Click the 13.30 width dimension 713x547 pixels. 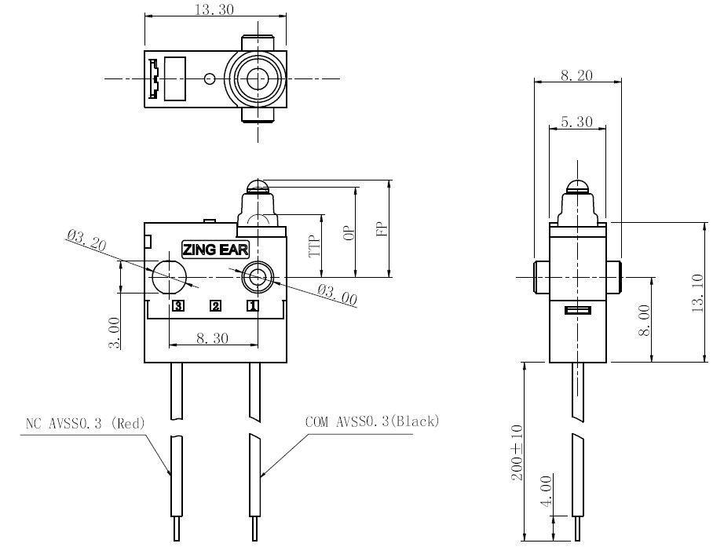tap(214, 9)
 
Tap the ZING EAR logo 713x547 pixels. tap(215, 250)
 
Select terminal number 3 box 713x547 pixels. tap(178, 306)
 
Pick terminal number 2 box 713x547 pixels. tap(215, 306)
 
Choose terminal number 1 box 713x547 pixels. tap(253, 306)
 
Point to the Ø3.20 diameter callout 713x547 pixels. tap(86, 239)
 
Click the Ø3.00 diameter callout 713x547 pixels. tap(337, 295)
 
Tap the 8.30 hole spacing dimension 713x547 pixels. tap(212, 338)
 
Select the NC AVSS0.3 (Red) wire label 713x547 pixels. tap(85, 424)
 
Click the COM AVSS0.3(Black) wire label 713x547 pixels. tap(372, 421)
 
